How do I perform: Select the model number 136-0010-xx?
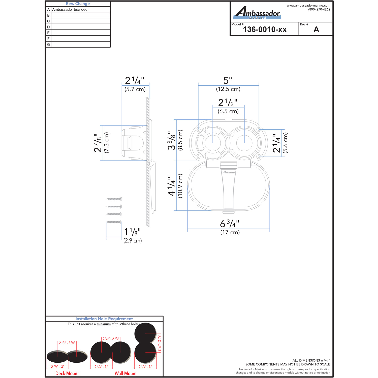(265, 29)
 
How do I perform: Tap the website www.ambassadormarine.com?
(308, 5)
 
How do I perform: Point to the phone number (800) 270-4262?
(319, 9)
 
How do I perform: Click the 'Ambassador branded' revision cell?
(70, 10)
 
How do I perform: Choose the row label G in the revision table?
(48, 45)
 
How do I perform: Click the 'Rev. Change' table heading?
(78, 4)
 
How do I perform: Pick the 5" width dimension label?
(228, 80)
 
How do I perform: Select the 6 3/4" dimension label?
(230, 224)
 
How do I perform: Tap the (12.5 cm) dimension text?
(228, 89)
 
